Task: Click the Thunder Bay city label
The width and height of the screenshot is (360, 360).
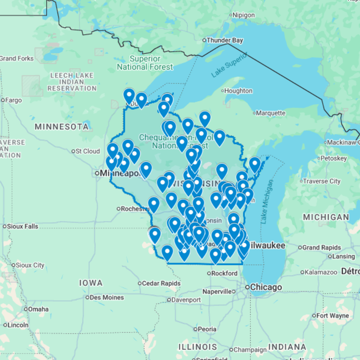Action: (x=224, y=40)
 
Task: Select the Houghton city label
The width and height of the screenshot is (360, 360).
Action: (x=238, y=91)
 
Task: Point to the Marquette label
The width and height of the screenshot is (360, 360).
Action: (x=270, y=113)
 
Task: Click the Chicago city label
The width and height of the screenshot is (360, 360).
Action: (x=266, y=287)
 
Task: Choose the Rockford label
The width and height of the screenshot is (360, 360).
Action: (x=224, y=273)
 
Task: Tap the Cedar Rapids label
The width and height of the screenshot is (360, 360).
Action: (x=161, y=283)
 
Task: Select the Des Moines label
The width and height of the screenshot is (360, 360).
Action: (x=107, y=297)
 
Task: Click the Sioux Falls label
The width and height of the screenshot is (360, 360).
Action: (x=23, y=226)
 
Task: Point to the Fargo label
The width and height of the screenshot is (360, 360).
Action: (x=14, y=100)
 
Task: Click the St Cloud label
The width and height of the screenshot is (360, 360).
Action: (x=88, y=151)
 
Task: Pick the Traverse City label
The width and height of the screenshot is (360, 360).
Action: (x=321, y=181)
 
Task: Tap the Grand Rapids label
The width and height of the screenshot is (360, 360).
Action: (x=321, y=248)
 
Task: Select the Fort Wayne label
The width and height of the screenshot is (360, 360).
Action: (x=333, y=316)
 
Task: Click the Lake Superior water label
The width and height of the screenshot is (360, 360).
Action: (x=229, y=65)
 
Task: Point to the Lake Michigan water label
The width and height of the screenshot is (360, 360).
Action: (x=267, y=202)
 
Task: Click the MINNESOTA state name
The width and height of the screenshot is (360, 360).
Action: (x=62, y=127)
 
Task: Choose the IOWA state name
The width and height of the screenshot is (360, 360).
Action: (x=91, y=283)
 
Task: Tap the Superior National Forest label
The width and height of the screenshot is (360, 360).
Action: (x=145, y=63)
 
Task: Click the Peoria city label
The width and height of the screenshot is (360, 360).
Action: (x=207, y=329)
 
